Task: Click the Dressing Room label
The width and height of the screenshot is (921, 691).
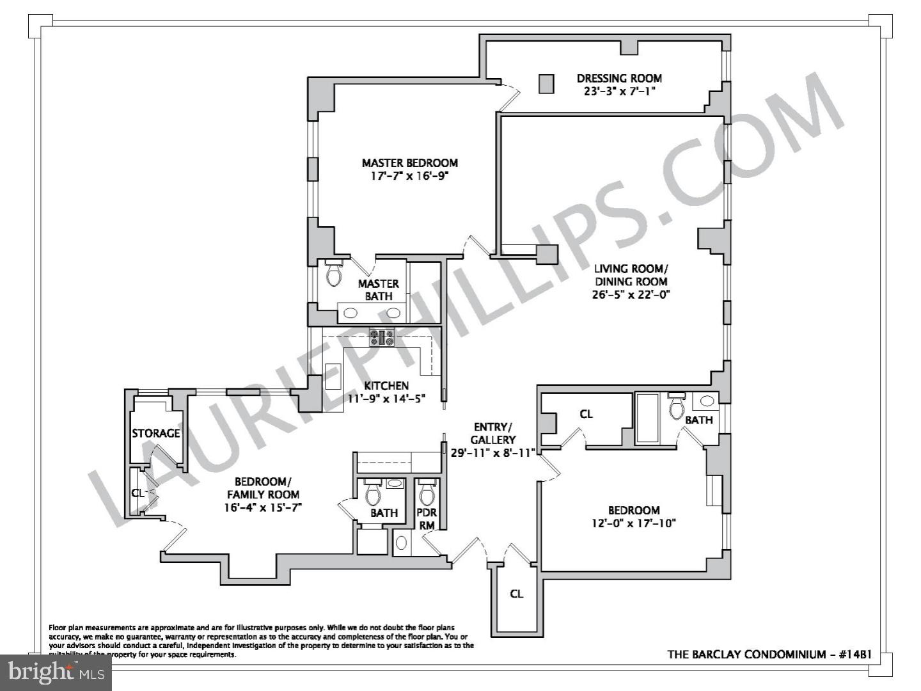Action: (x=619, y=78)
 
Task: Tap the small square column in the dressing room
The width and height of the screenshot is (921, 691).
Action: (x=546, y=84)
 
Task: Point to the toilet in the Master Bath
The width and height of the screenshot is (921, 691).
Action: (x=334, y=273)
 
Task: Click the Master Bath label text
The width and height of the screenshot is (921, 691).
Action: (x=379, y=290)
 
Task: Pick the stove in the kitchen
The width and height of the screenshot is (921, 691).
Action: (x=382, y=337)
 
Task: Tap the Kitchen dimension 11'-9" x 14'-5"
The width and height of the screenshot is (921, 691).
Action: (x=386, y=399)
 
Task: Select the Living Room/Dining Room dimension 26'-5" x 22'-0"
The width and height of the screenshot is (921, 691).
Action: (x=631, y=295)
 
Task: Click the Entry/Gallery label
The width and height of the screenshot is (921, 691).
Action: (x=493, y=433)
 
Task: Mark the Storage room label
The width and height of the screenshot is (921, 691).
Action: (x=155, y=433)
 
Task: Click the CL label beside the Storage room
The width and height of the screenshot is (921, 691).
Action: (x=138, y=493)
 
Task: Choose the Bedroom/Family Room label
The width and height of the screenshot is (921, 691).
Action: (x=263, y=488)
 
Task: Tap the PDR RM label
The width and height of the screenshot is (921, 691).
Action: (x=427, y=519)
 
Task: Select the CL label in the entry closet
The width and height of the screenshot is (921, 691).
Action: (x=517, y=594)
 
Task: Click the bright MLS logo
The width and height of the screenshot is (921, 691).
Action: (x=56, y=672)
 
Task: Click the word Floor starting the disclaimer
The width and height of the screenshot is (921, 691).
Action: (x=58, y=628)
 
